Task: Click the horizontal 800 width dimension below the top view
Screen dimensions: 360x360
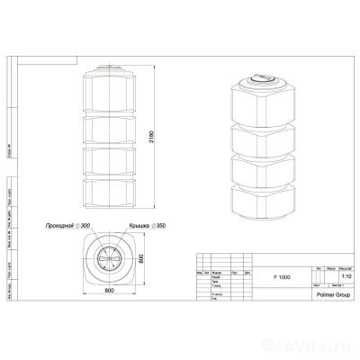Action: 110,289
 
